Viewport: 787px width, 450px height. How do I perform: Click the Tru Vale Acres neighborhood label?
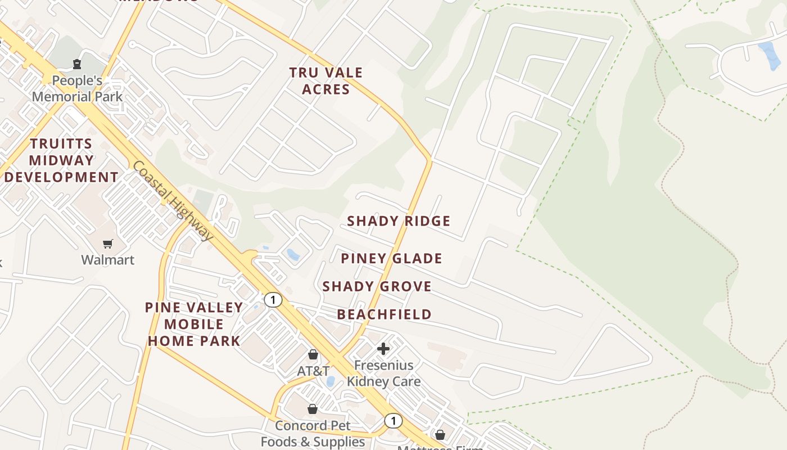(326, 81)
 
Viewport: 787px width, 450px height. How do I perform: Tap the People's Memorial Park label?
(77, 88)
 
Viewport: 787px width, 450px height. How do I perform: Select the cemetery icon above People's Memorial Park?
(77, 64)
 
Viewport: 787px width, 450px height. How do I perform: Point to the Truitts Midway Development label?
(61, 160)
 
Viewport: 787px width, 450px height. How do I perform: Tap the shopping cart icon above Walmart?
(107, 244)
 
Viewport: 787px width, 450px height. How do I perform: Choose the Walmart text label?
(107, 260)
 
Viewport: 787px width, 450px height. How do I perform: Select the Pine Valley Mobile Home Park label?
(194, 324)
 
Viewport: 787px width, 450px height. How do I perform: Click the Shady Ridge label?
(399, 221)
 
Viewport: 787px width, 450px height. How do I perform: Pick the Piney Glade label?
(392, 259)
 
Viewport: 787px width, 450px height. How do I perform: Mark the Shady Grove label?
(377, 286)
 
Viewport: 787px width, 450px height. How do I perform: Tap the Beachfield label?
(385, 314)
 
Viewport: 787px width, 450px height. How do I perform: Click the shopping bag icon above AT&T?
(313, 354)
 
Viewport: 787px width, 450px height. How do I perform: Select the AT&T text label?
(313, 371)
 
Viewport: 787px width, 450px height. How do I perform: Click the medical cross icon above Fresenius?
(383, 349)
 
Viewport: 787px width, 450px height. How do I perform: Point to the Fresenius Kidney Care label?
(383, 373)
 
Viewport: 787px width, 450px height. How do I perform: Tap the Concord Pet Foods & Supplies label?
(313, 434)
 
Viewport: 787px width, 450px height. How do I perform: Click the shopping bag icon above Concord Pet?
(313, 409)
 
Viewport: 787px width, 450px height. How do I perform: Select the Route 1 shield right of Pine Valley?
(273, 300)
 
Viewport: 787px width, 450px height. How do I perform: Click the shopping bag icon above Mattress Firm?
(440, 435)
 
